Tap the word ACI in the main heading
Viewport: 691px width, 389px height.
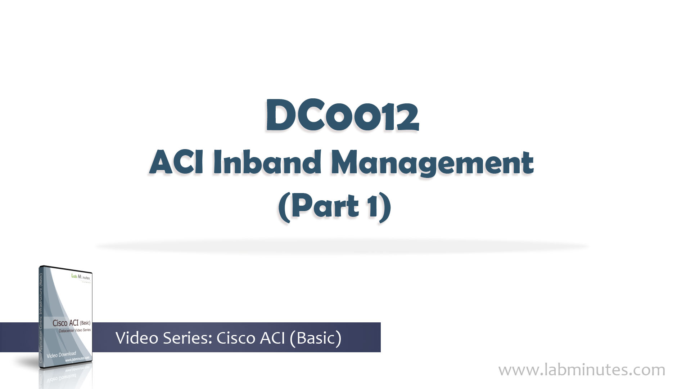176,163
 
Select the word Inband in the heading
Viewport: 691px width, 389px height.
266,163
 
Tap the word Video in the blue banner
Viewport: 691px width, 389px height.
137,338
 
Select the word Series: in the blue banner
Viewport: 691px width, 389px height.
188,338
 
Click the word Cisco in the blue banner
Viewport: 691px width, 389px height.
236,338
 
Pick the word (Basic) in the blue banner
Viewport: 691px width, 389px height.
315,338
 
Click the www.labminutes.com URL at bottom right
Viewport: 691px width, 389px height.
582,370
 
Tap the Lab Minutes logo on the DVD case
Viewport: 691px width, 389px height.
81,277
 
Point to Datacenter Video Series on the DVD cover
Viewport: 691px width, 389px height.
74,330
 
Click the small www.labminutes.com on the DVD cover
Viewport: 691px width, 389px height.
77,359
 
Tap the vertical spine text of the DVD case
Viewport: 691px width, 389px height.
41,317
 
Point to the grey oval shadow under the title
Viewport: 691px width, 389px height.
342,247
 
